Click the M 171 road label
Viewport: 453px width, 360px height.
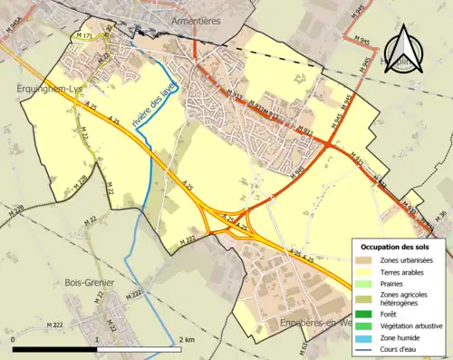coord(85,35)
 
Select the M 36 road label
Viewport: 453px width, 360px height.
coord(441,213)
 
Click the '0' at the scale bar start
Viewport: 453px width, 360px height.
coord(14,339)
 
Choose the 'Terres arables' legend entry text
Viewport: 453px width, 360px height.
coord(404,271)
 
